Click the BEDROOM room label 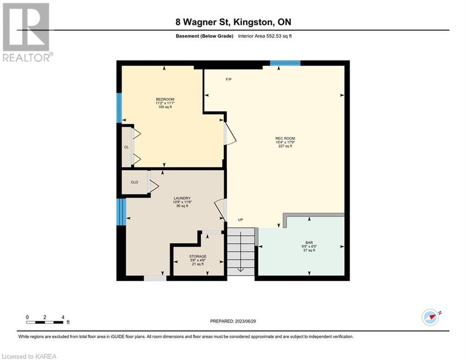pyautogui.click(x=165, y=99)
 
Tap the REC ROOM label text pyautogui.click(x=285, y=138)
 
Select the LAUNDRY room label pyautogui.click(x=182, y=198)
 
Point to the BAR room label pyautogui.click(x=309, y=243)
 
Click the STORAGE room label pyautogui.click(x=198, y=256)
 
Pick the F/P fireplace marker pyautogui.click(x=229, y=79)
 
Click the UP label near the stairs pyautogui.click(x=240, y=220)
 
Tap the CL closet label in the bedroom pyautogui.click(x=126, y=147)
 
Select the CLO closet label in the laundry pyautogui.click(x=134, y=182)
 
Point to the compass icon pyautogui.click(x=430, y=317)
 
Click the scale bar pyautogui.click(x=45, y=322)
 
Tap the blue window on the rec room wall pyautogui.click(x=285, y=63)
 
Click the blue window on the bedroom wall pyautogui.click(x=119, y=108)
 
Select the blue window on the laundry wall pyautogui.click(x=121, y=212)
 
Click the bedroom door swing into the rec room pyautogui.click(x=230, y=134)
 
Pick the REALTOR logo pyautogui.click(x=27, y=32)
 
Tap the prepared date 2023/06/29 pyautogui.click(x=245, y=321)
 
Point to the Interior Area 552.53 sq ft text pyautogui.click(x=265, y=36)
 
